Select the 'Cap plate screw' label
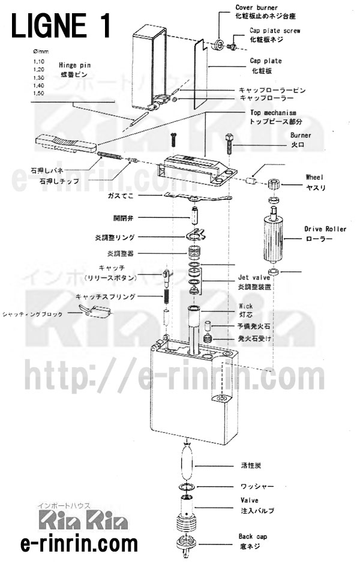click(275, 30)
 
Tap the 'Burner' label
click(300, 136)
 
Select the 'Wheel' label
click(314, 178)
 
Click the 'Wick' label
click(245, 306)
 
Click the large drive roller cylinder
click(273, 238)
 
